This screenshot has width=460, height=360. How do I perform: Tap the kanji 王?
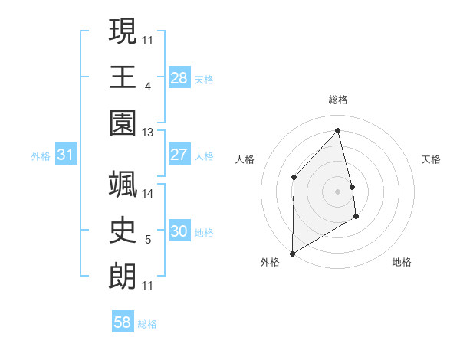[x=123, y=77]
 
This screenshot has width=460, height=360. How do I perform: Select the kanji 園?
[x=123, y=123]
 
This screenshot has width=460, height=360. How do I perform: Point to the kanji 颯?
[x=123, y=186]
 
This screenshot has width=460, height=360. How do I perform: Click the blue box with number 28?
[x=179, y=77]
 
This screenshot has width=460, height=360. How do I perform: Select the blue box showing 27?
[x=179, y=155]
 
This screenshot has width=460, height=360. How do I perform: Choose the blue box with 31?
[x=66, y=155]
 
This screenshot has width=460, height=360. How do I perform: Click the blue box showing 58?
[x=123, y=322]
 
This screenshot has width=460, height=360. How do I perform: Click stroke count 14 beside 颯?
[x=148, y=194]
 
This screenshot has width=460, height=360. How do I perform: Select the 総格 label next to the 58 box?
[x=147, y=324]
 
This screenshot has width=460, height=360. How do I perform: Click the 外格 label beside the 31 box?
[x=41, y=156]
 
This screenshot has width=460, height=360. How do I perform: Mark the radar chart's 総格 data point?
[x=337, y=130]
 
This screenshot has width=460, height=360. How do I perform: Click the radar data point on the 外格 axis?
[x=292, y=253]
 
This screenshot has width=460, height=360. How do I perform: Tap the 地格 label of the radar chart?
[x=402, y=262]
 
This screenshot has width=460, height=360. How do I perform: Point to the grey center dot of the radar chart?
[x=337, y=191]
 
